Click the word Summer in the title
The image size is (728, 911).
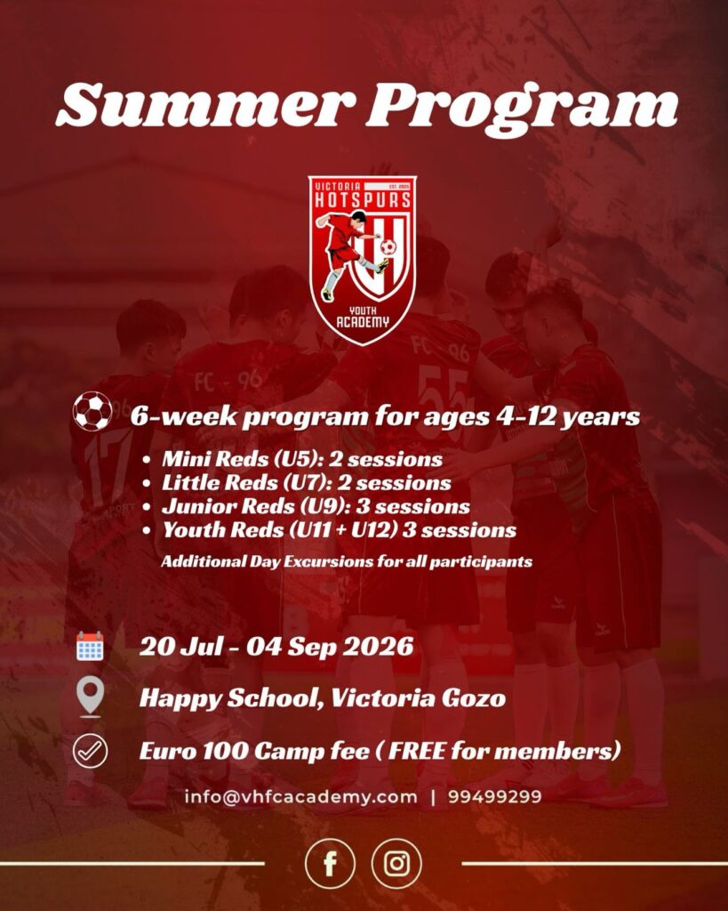coord(206,105)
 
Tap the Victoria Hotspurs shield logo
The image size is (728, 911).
coord(363,261)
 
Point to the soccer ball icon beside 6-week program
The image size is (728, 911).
coord(92,411)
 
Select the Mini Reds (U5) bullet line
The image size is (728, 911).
coord(302,459)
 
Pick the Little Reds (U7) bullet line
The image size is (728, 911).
coord(307,483)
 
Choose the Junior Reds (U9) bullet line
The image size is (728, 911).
coord(316,506)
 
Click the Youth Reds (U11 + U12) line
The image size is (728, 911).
coord(339,530)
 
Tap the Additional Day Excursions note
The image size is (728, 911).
coord(347,562)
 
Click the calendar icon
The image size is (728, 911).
coord(90,646)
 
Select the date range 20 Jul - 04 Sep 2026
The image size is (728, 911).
coord(276,647)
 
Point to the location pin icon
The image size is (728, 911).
coord(90,697)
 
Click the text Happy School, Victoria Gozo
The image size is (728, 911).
coord(322,697)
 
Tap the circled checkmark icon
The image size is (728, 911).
coord(90,751)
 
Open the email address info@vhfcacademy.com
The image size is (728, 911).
coord(300,796)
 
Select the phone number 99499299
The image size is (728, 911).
coord(494,796)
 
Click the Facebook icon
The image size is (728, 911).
coord(330,864)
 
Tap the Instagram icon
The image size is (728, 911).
coord(396,864)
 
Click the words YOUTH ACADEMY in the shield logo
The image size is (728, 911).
coord(363,318)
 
